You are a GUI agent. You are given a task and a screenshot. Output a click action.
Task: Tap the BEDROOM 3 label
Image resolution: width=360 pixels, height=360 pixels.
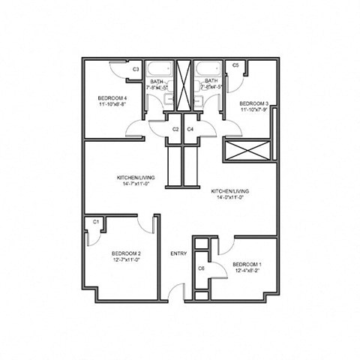[x=253, y=103]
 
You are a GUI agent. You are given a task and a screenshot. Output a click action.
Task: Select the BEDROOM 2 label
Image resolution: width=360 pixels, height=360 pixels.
[x=121, y=253]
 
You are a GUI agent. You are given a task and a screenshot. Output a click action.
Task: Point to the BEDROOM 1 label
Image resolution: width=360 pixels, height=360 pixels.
[x=247, y=265]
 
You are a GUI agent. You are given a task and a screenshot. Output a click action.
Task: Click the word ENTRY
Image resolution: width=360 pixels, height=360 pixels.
[x=178, y=253]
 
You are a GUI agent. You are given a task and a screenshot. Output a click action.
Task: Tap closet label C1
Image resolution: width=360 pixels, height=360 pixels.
[x=96, y=222]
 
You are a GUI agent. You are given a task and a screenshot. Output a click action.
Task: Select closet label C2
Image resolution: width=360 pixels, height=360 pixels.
[x=175, y=129]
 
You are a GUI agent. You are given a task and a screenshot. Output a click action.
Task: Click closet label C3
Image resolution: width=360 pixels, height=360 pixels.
[x=135, y=70]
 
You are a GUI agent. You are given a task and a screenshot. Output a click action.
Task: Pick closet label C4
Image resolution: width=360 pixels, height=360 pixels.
[x=190, y=129]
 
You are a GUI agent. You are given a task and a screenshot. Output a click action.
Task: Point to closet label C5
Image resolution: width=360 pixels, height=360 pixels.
[x=235, y=66]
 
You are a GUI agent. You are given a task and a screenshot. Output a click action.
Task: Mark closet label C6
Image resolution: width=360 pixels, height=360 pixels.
[x=201, y=268]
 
